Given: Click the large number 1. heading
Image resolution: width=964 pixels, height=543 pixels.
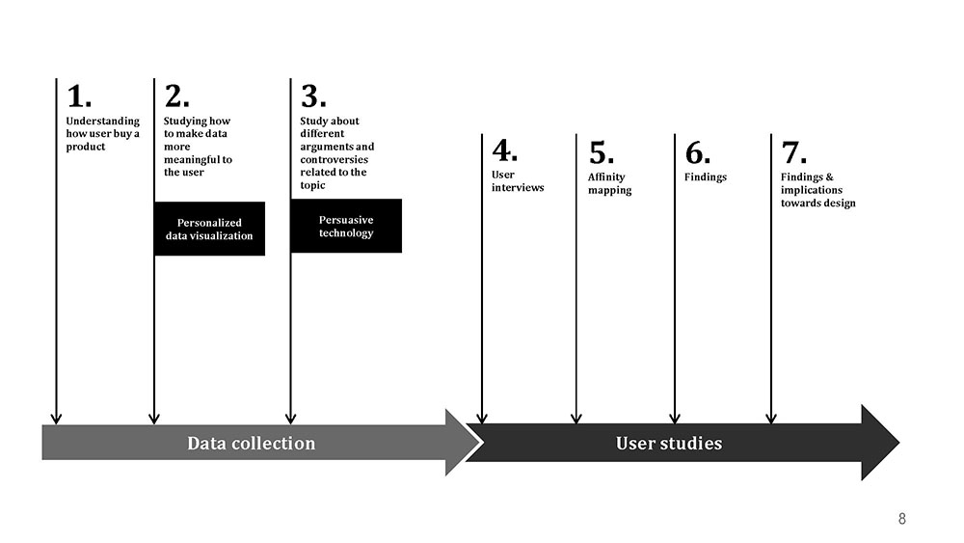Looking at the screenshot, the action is click(79, 96).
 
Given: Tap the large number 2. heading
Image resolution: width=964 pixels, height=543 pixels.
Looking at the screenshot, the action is click(176, 96).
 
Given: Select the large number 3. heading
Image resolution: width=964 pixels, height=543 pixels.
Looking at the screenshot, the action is click(313, 96).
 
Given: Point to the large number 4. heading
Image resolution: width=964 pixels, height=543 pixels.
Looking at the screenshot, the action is click(505, 150).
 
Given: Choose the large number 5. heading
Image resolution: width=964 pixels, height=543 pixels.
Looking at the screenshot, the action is click(602, 152).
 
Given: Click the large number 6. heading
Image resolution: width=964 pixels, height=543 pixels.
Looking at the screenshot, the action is click(698, 152).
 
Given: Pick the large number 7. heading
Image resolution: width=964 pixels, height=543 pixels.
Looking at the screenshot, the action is click(793, 152).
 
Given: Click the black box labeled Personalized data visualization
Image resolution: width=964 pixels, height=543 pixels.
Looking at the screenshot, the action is click(209, 229).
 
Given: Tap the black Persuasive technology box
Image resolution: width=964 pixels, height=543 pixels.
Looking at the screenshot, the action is click(346, 226).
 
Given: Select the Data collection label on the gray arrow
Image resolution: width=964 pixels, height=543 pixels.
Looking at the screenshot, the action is click(251, 444).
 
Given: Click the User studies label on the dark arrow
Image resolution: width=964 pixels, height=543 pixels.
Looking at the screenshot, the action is click(669, 444).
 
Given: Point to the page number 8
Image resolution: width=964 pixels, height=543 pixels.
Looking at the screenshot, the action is click(902, 518).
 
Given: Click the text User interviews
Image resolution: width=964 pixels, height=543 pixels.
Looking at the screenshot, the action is click(518, 180).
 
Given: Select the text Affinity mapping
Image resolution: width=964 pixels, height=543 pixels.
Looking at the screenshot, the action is click(609, 183).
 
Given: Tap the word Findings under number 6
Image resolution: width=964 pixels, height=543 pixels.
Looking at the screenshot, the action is click(706, 177).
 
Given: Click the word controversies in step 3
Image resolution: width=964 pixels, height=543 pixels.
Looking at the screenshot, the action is click(334, 159).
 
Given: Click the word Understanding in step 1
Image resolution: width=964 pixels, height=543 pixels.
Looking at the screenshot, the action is click(103, 122).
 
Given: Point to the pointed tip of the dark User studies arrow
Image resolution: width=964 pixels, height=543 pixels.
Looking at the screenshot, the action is click(898, 443).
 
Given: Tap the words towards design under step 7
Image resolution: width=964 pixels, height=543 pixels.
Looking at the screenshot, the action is click(818, 203).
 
